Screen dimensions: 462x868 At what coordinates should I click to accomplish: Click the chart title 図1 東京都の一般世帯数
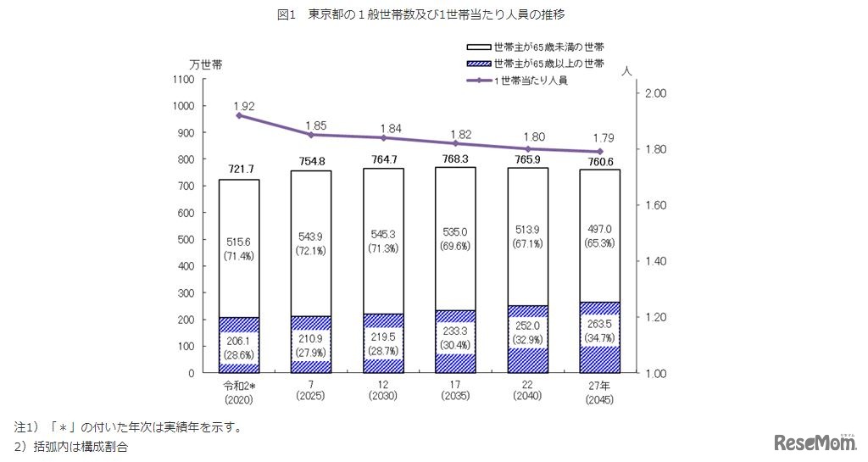[x=434, y=15]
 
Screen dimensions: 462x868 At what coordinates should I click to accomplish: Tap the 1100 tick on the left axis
[x=182, y=80]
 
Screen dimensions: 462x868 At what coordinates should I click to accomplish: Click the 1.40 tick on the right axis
[x=658, y=261]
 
